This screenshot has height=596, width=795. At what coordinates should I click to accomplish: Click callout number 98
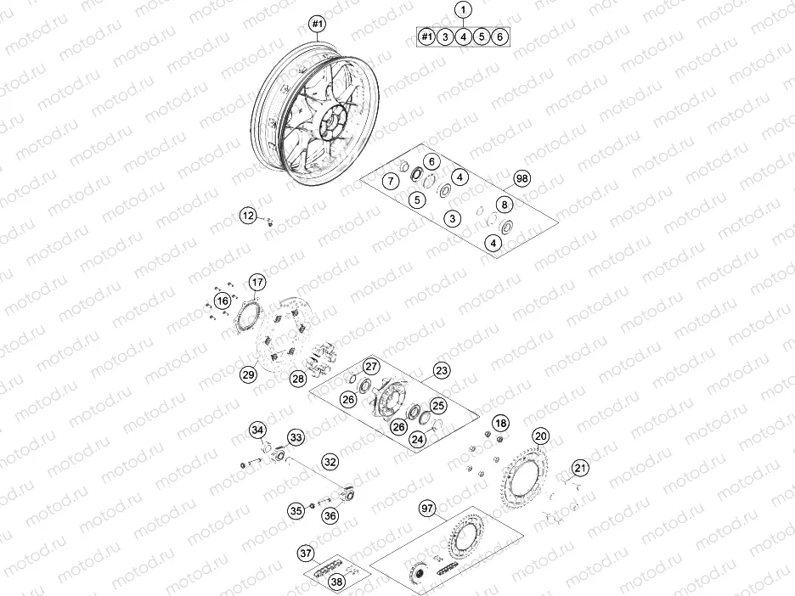(x=522, y=178)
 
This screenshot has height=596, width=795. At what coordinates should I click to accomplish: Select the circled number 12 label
(x=248, y=216)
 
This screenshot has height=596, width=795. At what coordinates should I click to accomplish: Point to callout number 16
(x=222, y=301)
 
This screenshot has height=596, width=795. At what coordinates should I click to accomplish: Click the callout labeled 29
(x=247, y=374)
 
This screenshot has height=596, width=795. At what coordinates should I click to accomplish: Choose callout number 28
(x=297, y=379)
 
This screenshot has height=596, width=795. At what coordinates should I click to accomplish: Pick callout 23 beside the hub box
(x=442, y=370)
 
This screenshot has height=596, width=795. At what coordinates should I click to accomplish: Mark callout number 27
(x=370, y=366)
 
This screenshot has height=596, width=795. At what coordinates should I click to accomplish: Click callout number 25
(x=438, y=405)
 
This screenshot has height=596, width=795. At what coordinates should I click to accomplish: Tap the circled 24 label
(x=418, y=439)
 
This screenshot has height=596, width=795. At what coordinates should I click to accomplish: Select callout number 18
(x=501, y=423)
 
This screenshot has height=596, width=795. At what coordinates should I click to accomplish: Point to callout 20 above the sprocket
(x=542, y=436)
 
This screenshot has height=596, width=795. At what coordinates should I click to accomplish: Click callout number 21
(x=580, y=468)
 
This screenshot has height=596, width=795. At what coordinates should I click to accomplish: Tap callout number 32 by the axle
(x=330, y=462)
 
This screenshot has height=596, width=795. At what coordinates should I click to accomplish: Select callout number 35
(x=295, y=510)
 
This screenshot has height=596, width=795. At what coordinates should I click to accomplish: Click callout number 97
(x=427, y=508)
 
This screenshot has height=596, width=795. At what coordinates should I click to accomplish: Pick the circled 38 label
(x=337, y=582)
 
